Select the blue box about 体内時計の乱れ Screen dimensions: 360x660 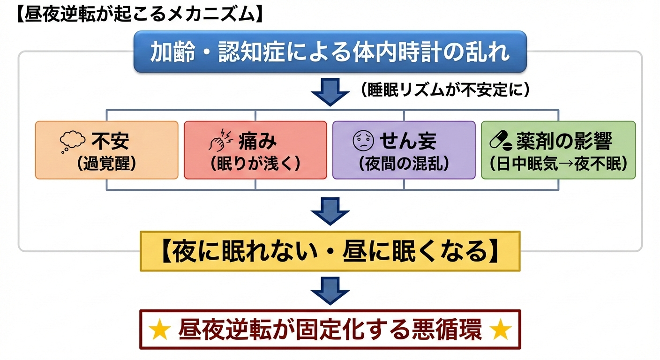click(330, 52)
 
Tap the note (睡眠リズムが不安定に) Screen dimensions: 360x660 click(445, 90)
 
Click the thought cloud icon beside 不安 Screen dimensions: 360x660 click(72, 141)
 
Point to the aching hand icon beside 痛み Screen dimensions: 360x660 click(220, 141)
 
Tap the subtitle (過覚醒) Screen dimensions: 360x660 click(107, 163)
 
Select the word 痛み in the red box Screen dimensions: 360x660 click(258, 140)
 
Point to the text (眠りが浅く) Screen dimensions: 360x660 click(255, 163)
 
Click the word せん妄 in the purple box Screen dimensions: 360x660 click(408, 140)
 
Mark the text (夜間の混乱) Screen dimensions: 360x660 click(404, 163)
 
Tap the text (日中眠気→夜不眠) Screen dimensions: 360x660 click(558, 163)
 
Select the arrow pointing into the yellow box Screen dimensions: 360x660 click(330, 210)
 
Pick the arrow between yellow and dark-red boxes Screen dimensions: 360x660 click(330, 290)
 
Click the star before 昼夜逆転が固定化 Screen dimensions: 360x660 click(160, 331)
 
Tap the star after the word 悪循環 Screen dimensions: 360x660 click(500, 331)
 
